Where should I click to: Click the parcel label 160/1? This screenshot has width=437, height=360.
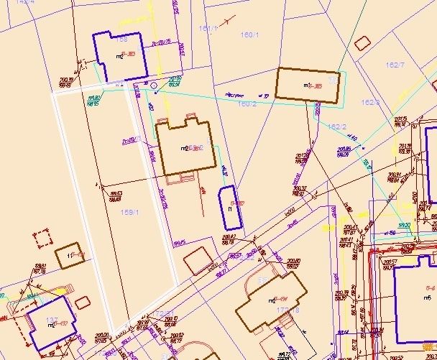coord(249,34)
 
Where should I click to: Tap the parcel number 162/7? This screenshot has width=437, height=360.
coord(395,65)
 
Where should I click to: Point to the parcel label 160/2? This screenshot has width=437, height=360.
coord(247,104)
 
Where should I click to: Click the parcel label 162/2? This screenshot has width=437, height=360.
coord(337,126)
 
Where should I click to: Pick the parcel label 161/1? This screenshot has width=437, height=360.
coord(208,29)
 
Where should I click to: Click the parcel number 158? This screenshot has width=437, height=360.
coord(121,40)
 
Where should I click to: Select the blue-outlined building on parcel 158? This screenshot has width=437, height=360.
coord(120,56)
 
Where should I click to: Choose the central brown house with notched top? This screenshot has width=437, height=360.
coord(185,147)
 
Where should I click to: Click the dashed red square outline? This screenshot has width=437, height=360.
coord(44,239)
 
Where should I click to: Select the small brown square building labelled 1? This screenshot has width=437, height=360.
coord(70,256)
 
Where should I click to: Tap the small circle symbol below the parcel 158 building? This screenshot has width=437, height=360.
coord(154,84)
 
